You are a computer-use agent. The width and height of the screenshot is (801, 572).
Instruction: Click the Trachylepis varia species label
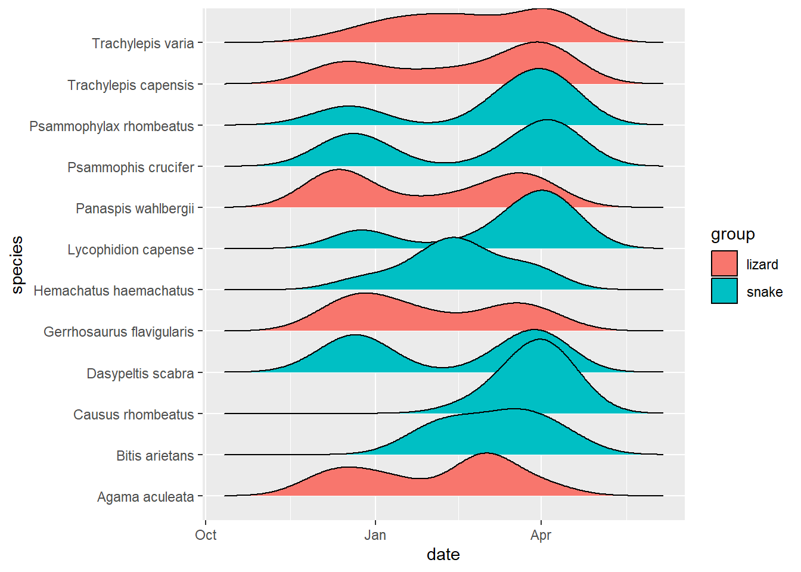tap(142, 43)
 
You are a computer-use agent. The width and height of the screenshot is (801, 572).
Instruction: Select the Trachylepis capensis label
tap(131, 85)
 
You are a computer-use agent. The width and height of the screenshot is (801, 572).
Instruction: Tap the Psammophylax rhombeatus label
tap(111, 126)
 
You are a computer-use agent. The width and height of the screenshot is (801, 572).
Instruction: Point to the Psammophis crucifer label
tap(131, 167)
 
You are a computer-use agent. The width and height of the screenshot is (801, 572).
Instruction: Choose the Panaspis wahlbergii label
tap(135, 209)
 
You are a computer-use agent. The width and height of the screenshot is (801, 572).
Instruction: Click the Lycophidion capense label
tap(131, 250)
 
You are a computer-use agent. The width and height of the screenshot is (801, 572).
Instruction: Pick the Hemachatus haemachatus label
tap(114, 291)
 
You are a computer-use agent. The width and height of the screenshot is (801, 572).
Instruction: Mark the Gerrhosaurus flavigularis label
tap(119, 332)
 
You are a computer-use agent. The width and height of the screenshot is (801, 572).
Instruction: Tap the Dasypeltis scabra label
tap(140, 374)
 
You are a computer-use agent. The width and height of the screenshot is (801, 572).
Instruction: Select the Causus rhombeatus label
tap(133, 415)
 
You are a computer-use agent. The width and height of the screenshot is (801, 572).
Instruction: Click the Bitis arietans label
tap(155, 456)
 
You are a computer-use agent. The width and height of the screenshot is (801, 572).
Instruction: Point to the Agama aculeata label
tap(145, 497)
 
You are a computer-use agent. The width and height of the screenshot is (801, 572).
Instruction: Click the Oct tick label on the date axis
tap(206, 535)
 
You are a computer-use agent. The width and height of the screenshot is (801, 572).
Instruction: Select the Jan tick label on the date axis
tap(375, 535)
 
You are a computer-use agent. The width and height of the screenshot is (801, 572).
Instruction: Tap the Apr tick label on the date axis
tap(541, 535)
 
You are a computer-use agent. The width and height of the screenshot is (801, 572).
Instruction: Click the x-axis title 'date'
tap(443, 555)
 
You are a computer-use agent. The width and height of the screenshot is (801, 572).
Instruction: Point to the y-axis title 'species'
tap(17, 265)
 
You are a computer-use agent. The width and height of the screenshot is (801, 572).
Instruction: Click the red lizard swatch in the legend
tap(724, 264)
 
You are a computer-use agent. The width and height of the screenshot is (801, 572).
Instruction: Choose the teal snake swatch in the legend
tap(724, 291)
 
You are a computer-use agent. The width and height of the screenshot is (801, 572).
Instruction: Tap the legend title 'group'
tap(732, 234)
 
